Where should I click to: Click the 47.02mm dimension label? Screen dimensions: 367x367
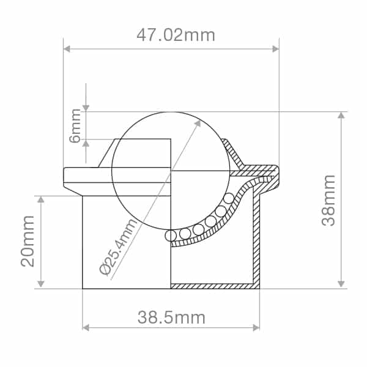point(176,35)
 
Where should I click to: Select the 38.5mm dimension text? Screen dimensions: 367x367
point(171,317)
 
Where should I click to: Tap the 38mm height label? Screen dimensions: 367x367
point(329,200)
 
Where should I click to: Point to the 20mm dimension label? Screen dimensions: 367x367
point(28,241)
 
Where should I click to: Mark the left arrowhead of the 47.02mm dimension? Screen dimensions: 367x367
point(67,48)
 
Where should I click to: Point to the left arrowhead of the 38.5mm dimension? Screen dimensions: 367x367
point(86,328)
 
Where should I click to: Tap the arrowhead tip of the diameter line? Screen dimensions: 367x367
point(198,122)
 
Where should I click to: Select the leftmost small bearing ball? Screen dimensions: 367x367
point(171,235)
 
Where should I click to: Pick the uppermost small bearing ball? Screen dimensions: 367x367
point(229,198)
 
